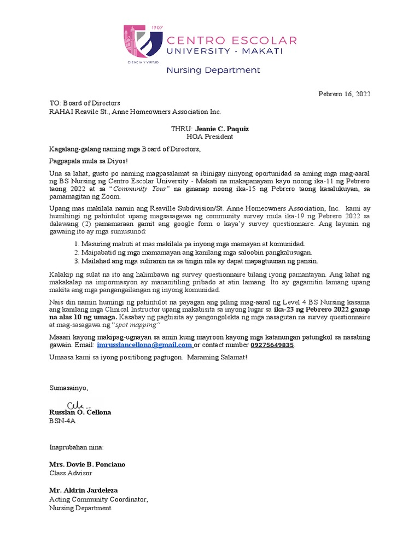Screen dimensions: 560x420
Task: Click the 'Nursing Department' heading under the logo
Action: point(213,71)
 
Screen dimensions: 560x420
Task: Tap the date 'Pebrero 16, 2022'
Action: point(344,94)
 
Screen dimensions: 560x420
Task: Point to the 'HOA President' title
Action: point(209,137)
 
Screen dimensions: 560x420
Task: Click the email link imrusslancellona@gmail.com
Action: point(144,346)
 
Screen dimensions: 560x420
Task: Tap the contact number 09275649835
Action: point(272,346)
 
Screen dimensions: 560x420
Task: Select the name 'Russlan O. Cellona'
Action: point(80,412)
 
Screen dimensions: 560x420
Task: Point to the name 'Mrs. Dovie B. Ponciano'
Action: point(87,464)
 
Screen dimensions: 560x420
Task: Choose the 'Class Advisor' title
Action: point(71,473)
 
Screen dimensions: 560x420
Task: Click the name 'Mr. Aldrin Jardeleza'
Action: point(83,491)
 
